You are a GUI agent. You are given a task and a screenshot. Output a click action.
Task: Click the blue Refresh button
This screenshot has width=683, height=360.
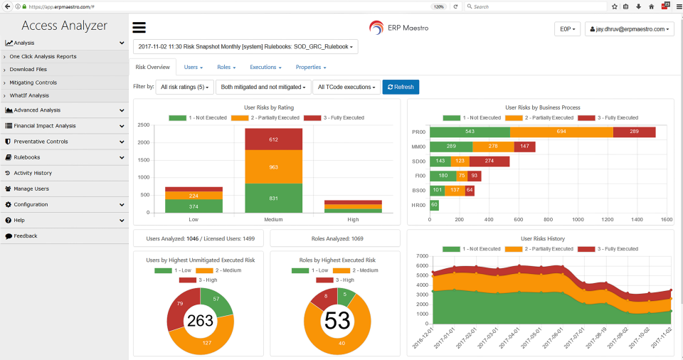(401, 87)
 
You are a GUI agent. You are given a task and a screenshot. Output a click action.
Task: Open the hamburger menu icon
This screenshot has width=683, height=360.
(139, 28)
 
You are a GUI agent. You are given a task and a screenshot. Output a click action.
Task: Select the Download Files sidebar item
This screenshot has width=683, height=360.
(28, 70)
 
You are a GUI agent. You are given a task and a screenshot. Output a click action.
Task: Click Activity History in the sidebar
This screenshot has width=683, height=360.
(33, 173)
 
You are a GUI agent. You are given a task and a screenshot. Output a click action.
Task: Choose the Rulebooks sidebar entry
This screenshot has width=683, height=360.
(27, 157)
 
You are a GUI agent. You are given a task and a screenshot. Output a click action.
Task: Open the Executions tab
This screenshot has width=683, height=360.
(265, 67)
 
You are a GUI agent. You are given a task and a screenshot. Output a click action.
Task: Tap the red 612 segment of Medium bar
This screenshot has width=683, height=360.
(265, 139)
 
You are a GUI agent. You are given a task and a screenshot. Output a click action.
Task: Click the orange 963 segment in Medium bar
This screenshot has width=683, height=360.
(265, 166)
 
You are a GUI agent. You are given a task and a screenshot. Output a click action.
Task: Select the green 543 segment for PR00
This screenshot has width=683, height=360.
(470, 132)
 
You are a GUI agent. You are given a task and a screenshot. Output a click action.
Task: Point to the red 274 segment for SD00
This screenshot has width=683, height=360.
(489, 162)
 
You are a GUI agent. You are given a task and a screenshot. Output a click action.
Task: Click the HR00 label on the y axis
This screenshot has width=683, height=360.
(418, 205)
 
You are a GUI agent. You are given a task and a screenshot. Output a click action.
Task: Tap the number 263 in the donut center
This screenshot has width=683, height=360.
(200, 321)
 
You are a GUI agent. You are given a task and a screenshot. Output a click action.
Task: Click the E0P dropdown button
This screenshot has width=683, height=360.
(567, 29)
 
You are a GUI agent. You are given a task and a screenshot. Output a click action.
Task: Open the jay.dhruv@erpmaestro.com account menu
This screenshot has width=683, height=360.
(629, 29)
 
